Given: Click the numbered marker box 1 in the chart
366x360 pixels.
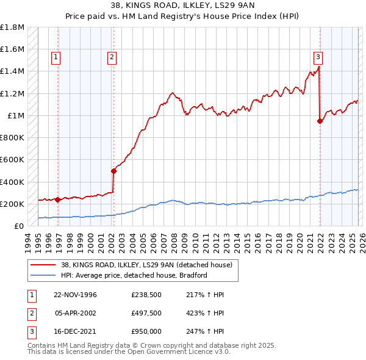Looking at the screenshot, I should [56, 58].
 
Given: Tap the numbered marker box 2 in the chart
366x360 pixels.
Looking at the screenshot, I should [112, 58].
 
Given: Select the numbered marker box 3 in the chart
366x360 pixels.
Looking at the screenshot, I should [318, 58].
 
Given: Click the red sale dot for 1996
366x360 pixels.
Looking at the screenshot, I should [57, 200].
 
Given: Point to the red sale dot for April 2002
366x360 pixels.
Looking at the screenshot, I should [113, 171].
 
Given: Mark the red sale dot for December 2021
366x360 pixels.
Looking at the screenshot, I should [320, 121].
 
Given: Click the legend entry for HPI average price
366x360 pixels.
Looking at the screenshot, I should [134, 275].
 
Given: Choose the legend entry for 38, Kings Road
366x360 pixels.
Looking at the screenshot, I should [146, 265].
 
